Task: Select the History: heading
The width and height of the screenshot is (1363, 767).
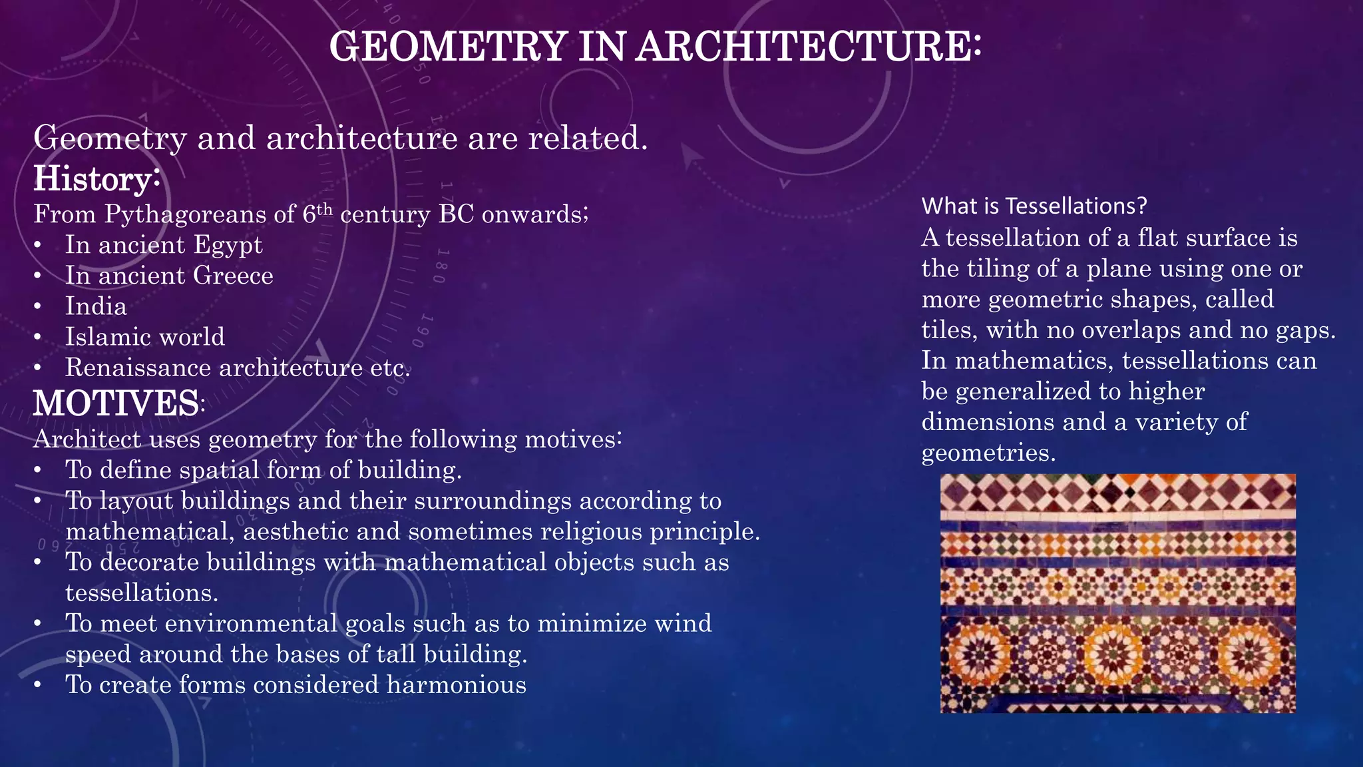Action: click(97, 178)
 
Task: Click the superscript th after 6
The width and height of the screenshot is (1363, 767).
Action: click(323, 208)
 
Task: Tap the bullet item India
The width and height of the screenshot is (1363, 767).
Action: click(96, 306)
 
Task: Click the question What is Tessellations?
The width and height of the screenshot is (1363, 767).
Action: click(1034, 206)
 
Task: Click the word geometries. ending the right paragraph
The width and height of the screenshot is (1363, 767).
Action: click(989, 453)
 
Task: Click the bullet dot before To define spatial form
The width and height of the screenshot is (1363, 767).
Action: click(39, 471)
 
